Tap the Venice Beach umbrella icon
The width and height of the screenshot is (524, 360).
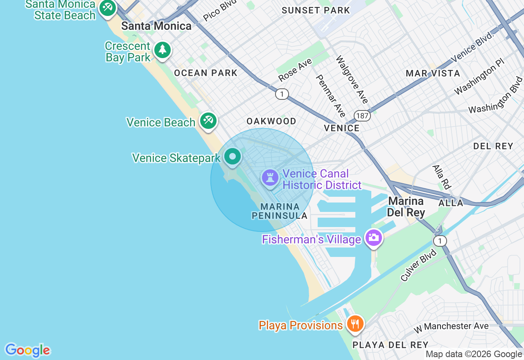tap(208, 121)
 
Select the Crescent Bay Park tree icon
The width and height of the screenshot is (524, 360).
tap(163, 50)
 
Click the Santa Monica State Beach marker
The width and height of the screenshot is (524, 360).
tap(108, 8)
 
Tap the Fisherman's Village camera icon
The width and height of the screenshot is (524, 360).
tap(373, 238)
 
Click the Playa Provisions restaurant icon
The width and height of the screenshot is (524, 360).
tap(355, 324)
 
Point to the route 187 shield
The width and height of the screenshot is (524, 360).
tap(362, 116)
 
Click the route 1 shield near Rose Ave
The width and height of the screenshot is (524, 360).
tap(282, 94)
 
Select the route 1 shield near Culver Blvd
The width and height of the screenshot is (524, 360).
tap(440, 241)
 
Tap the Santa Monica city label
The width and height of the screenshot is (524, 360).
tap(156, 26)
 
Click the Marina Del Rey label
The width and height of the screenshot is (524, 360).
tap(406, 207)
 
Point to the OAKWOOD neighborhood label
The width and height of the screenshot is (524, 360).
tap(271, 121)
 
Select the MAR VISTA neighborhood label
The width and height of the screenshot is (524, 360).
tap(433, 74)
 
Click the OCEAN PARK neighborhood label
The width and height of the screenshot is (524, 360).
tap(206, 73)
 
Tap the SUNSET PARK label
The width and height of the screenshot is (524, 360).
tap(316, 11)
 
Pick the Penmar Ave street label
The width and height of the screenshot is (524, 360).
tap(331, 96)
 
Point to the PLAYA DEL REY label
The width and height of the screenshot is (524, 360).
tap(390, 345)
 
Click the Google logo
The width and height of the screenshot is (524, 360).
tap(27, 351)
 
